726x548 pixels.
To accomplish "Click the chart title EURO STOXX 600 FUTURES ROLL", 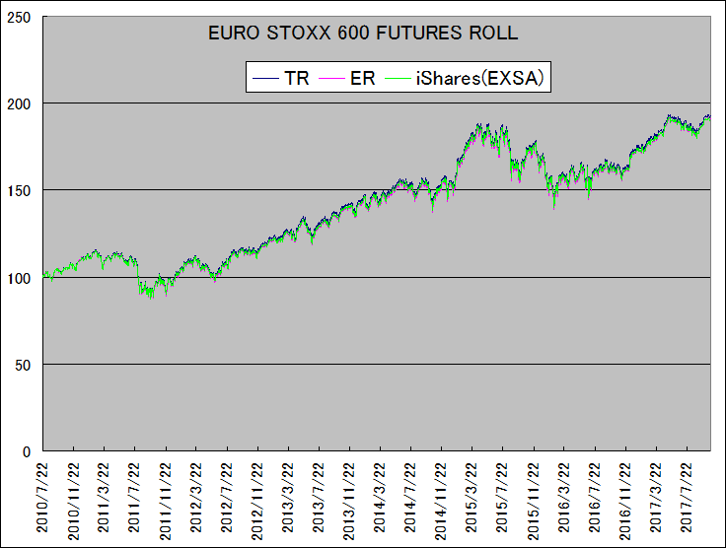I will [x=363, y=33].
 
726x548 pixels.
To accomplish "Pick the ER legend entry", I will [x=362, y=78].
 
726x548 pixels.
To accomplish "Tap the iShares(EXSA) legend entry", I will [x=481, y=78].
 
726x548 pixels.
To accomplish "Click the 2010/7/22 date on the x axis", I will [x=43, y=498].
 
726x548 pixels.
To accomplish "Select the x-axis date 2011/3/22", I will [x=105, y=498].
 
